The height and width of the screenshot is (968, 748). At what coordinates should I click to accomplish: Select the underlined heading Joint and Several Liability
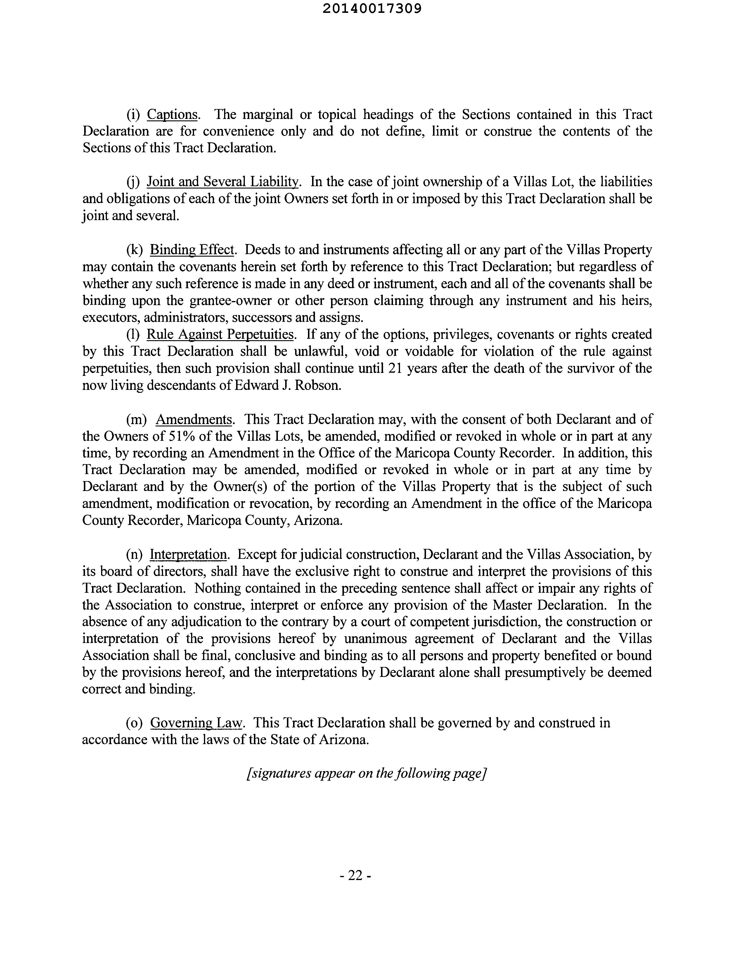click(223, 182)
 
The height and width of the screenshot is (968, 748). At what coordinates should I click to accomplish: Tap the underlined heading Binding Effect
click(191, 250)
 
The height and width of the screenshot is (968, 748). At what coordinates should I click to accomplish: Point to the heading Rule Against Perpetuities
click(220, 334)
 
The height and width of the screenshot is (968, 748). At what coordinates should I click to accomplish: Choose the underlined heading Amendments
click(194, 419)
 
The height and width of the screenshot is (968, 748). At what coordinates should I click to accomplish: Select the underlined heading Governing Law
click(196, 723)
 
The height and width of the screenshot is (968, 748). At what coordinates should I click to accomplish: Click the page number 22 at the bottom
click(355, 875)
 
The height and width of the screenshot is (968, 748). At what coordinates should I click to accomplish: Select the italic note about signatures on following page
click(366, 773)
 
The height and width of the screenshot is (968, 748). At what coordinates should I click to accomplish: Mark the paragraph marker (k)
click(135, 250)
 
